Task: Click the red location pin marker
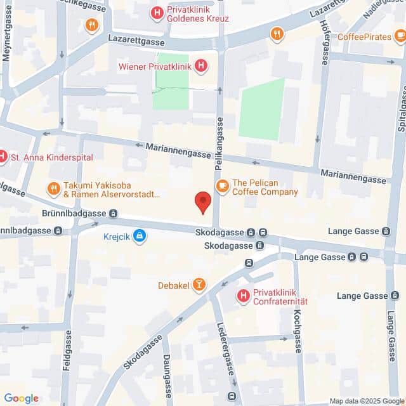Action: tap(202, 201)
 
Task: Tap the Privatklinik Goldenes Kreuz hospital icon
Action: tap(156, 12)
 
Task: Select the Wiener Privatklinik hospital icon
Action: tap(200, 65)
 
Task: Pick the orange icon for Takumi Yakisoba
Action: tap(54, 188)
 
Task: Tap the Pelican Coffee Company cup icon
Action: tap(222, 185)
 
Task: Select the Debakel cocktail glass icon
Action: tap(199, 285)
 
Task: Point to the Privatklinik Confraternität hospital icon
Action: tap(242, 296)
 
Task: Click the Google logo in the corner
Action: tap(21, 398)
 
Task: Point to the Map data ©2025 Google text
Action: tap(366, 401)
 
